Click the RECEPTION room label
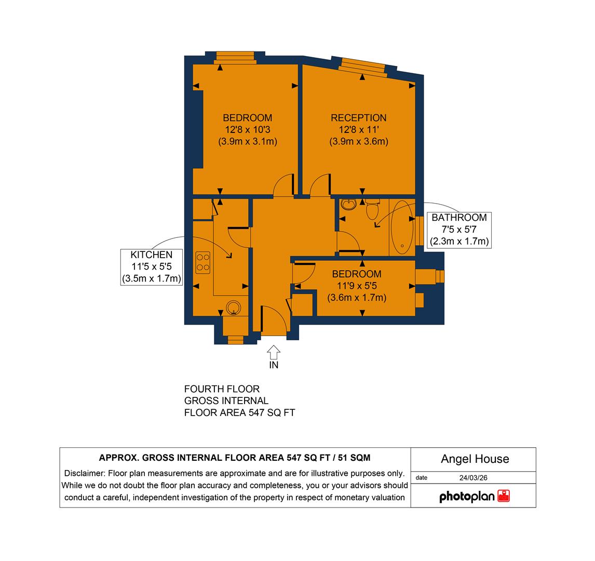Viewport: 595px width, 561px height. (x=359, y=118)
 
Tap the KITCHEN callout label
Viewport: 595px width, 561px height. (x=151, y=255)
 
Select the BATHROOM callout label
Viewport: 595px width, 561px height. (x=459, y=218)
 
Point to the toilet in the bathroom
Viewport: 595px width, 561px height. (x=372, y=209)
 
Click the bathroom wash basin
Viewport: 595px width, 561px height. (x=348, y=204)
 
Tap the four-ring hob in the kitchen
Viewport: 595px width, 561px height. (x=202, y=262)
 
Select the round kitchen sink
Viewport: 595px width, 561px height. (x=234, y=308)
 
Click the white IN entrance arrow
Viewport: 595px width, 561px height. (x=273, y=353)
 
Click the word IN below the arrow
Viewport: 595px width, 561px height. (x=274, y=365)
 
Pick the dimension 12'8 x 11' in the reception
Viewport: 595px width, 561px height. (x=359, y=129)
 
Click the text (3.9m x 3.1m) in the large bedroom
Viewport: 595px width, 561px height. (x=248, y=141)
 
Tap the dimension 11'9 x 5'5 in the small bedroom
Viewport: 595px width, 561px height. (x=357, y=286)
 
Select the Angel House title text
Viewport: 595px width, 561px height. (x=475, y=459)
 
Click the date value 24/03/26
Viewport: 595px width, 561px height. (x=474, y=478)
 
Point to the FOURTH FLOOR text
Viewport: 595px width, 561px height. (x=222, y=389)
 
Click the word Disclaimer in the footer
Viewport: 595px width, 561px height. (x=84, y=473)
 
